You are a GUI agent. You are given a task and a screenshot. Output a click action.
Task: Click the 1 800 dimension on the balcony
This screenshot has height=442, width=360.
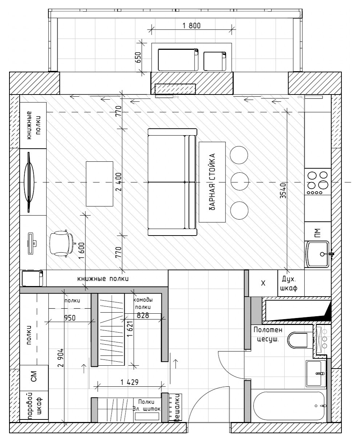pyautogui.click(x=191, y=25)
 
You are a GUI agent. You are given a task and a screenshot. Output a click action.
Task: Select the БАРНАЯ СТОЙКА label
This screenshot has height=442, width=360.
pyautogui.click(x=213, y=181)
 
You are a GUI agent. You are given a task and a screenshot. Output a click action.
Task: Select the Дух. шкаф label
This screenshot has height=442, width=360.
pyautogui.click(x=290, y=284)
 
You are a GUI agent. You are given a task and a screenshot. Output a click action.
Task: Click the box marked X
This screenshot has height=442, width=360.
pyautogui.click(x=264, y=284)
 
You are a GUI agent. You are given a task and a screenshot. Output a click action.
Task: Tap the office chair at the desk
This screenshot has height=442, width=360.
pyautogui.click(x=60, y=243)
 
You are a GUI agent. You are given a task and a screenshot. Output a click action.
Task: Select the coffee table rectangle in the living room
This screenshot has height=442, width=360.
pyautogui.click(x=99, y=184)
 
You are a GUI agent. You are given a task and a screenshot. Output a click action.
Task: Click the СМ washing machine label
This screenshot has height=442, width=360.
pyautogui.click(x=34, y=378)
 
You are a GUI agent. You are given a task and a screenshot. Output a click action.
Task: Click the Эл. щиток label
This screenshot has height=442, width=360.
pyautogui.click(x=147, y=409)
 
